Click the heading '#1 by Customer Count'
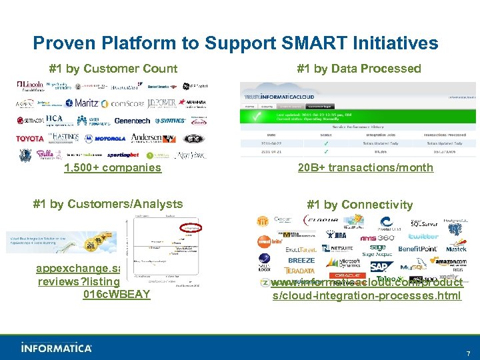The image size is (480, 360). pyautogui.click(x=113, y=69)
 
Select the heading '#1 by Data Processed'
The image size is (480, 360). pyautogui.click(x=359, y=69)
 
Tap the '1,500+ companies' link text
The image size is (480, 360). pyautogui.click(x=113, y=168)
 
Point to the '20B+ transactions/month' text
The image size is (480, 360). pyautogui.click(x=365, y=168)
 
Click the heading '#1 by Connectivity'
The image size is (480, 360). pyautogui.click(x=359, y=205)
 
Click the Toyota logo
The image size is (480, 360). pyautogui.click(x=30, y=139)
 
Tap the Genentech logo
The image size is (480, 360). pyautogui.click(x=133, y=121)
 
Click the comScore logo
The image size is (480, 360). pyautogui.click(x=123, y=103)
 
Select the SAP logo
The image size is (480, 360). pyautogui.click(x=378, y=267)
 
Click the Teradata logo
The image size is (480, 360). pyautogui.click(x=299, y=271)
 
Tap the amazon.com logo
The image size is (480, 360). pyautogui.click(x=447, y=261)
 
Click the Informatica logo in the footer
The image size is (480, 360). pyautogui.click(x=56, y=347)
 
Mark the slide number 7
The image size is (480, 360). pyautogui.click(x=468, y=353)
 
